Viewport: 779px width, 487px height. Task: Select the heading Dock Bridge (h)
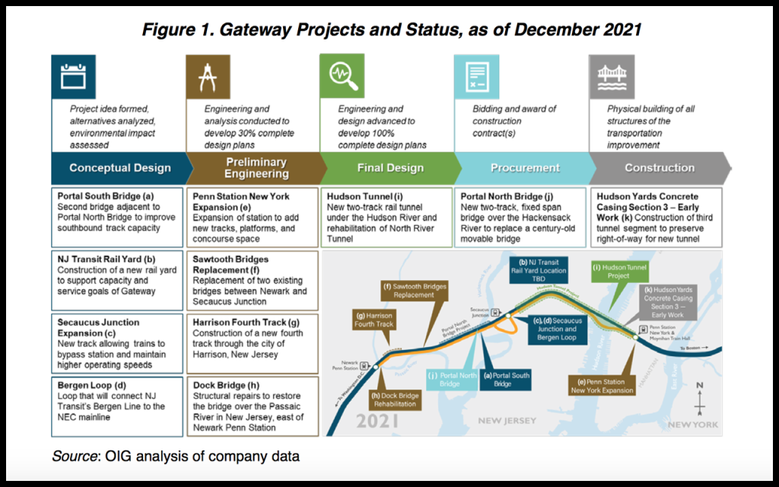coord(223,385)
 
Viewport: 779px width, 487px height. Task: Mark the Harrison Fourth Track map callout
coord(374,320)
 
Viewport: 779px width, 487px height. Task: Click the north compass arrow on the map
coord(700,394)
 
